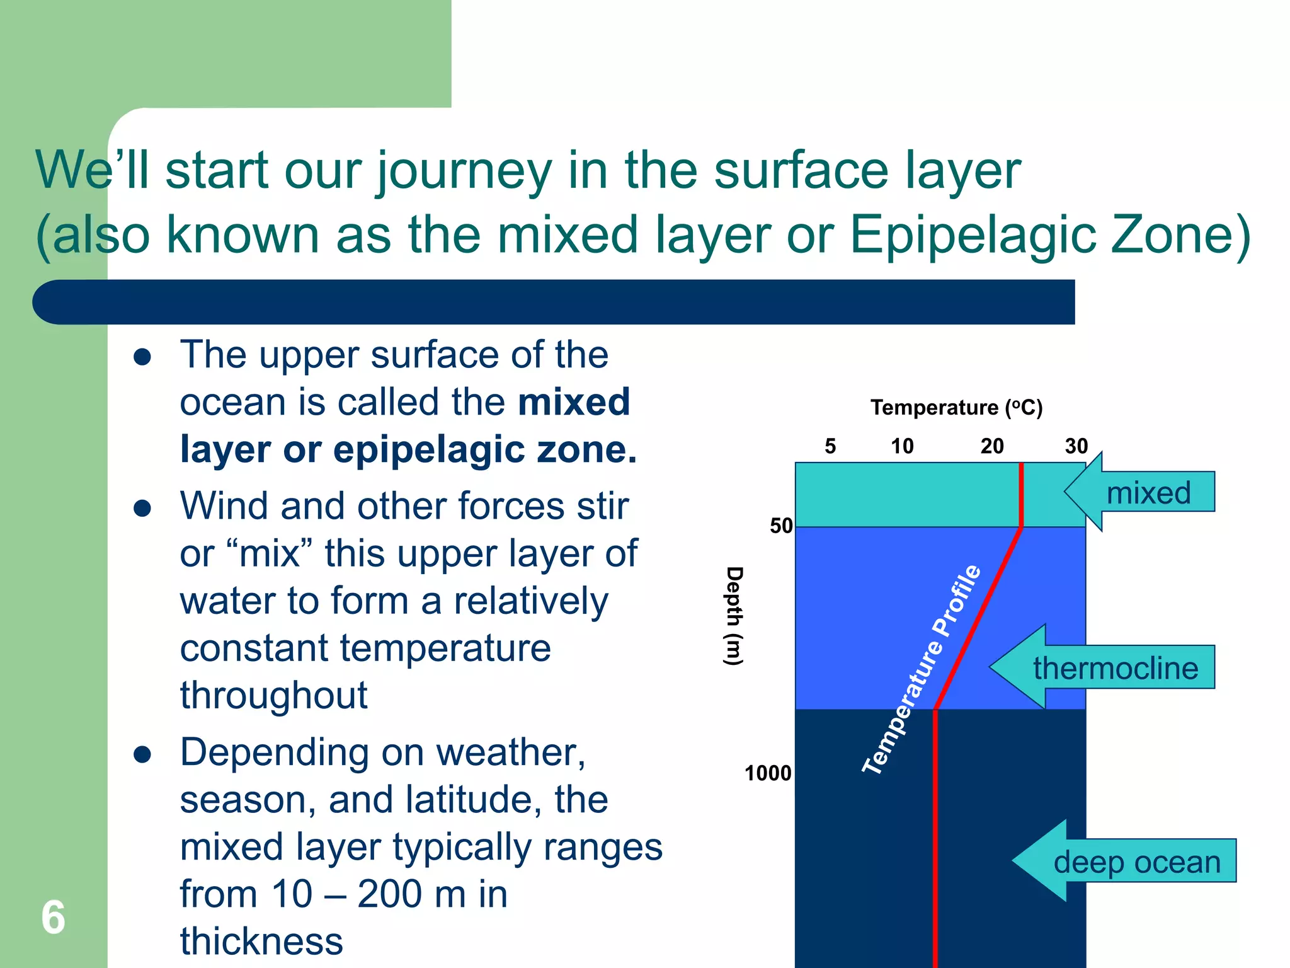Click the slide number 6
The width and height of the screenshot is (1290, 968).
[53, 918]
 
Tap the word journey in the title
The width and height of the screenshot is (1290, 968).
[464, 171]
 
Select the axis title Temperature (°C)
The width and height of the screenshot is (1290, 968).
[956, 408]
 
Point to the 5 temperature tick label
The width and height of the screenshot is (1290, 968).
[830, 446]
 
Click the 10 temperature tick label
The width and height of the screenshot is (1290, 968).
[902, 446]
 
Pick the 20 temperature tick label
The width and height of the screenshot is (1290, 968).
[992, 446]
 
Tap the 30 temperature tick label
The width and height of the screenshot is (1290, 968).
[1076, 446]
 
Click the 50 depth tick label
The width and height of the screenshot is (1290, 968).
[781, 526]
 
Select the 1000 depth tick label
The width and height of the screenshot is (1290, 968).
[768, 773]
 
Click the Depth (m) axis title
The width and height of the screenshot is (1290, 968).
[734, 616]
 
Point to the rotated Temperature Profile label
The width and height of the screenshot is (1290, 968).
[922, 669]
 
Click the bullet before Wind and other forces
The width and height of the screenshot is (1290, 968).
[142, 508]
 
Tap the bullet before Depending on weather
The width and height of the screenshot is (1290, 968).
[142, 754]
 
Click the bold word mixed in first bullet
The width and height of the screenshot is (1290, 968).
[573, 402]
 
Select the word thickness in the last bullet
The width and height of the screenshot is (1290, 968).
[261, 942]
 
